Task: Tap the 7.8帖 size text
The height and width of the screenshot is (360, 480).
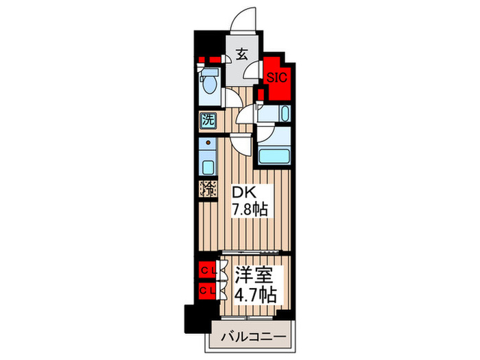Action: coord(249,208)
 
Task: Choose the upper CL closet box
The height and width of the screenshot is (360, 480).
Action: coord(208,271)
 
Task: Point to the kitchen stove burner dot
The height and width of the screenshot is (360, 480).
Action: coord(208,144)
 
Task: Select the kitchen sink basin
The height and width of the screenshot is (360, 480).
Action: coord(208,165)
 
